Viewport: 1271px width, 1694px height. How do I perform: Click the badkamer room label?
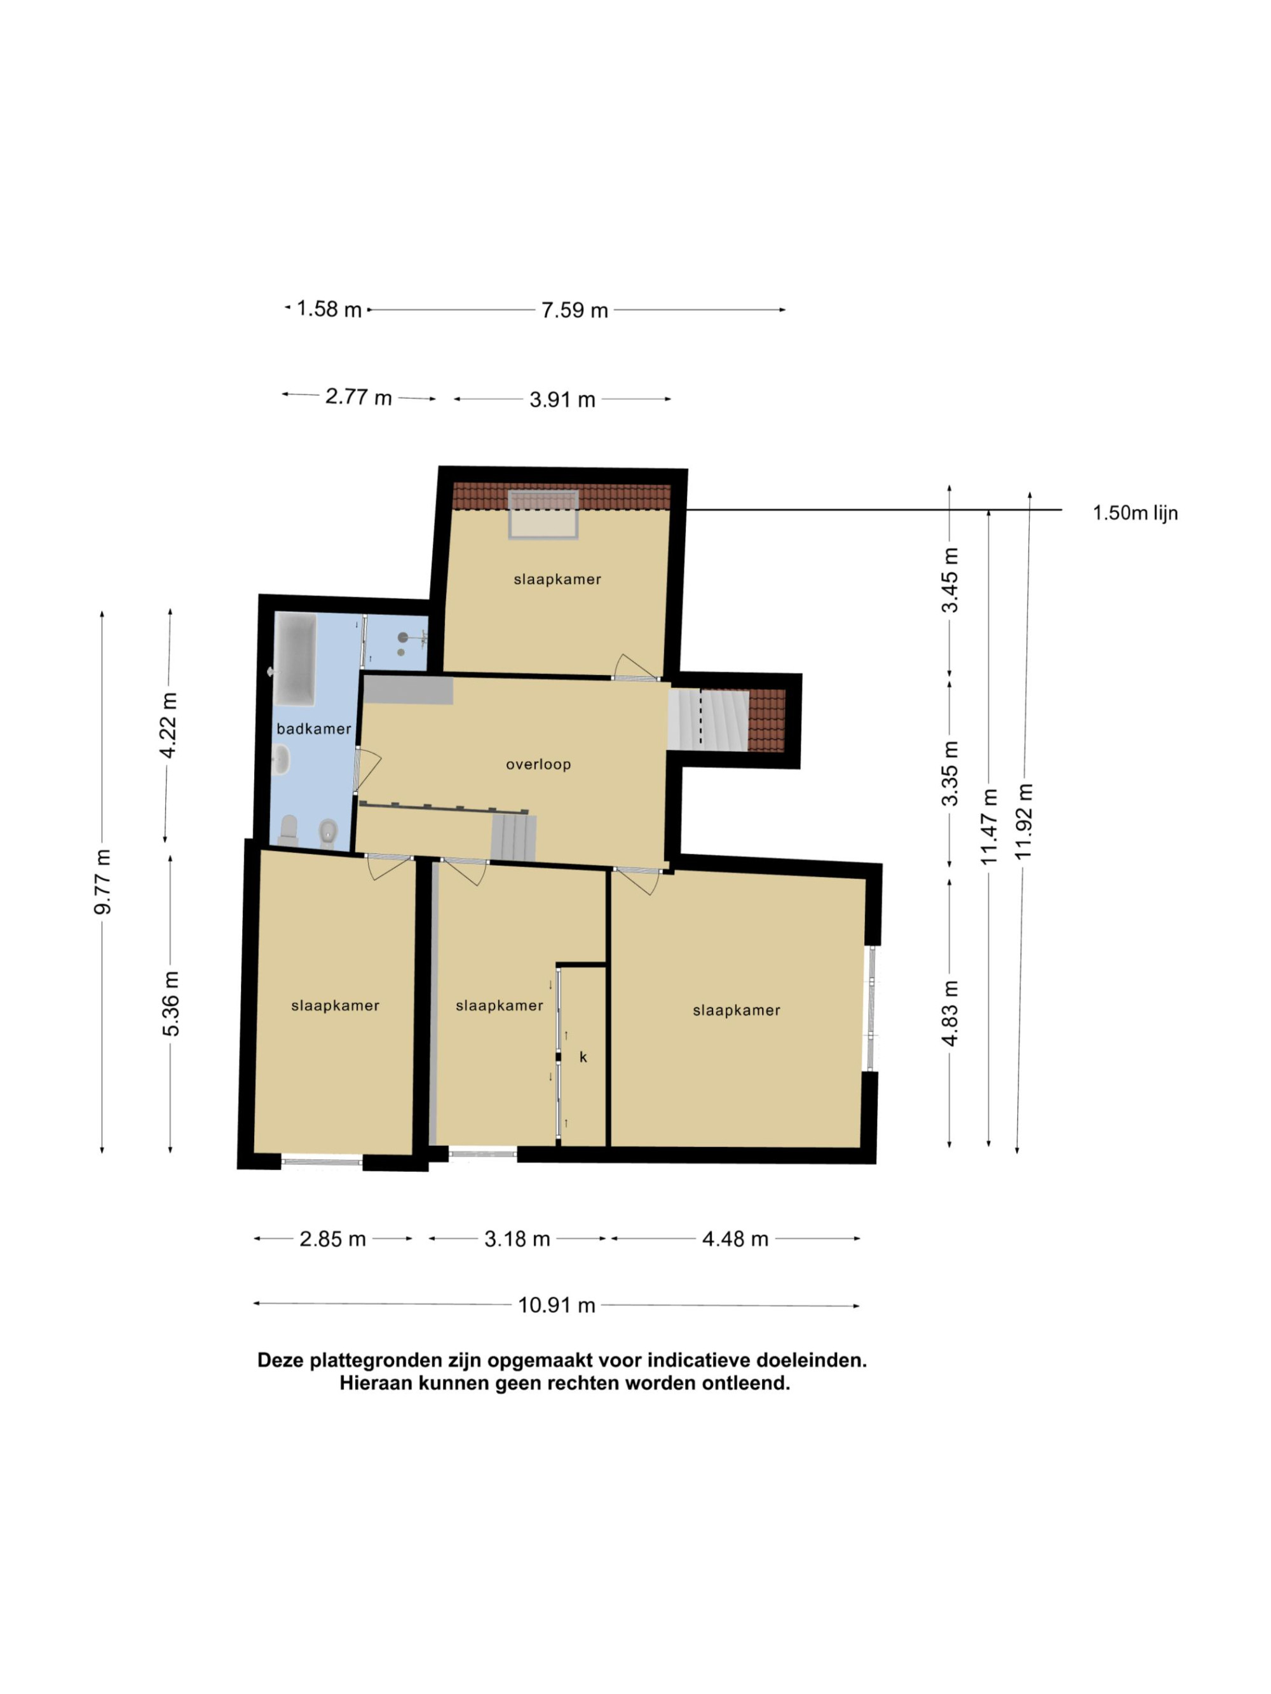(313, 729)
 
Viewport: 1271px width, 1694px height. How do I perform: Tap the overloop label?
(538, 764)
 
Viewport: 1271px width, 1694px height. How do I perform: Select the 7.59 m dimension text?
(574, 310)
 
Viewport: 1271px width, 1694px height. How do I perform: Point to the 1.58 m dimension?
(329, 309)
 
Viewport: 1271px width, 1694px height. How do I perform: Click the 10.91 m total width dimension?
(557, 1305)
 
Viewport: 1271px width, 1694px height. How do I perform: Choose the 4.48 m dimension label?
(735, 1239)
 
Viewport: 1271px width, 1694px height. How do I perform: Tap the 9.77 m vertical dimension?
(103, 882)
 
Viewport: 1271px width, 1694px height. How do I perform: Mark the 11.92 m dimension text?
(1024, 821)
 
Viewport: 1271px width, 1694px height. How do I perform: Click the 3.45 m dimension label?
(950, 581)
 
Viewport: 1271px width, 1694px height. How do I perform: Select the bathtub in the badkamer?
(295, 659)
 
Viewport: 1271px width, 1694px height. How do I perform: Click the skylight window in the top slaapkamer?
(543, 514)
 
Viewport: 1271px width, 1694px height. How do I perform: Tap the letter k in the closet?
(583, 1057)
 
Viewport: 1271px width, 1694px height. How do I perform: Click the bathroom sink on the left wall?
(280, 760)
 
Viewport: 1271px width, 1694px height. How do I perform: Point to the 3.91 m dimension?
(562, 400)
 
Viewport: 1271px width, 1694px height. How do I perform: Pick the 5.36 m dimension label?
(170, 1003)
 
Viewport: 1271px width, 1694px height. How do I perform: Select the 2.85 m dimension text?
(332, 1239)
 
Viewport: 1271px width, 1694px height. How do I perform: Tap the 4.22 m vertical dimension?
(168, 725)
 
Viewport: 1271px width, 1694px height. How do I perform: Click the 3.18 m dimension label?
(517, 1239)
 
